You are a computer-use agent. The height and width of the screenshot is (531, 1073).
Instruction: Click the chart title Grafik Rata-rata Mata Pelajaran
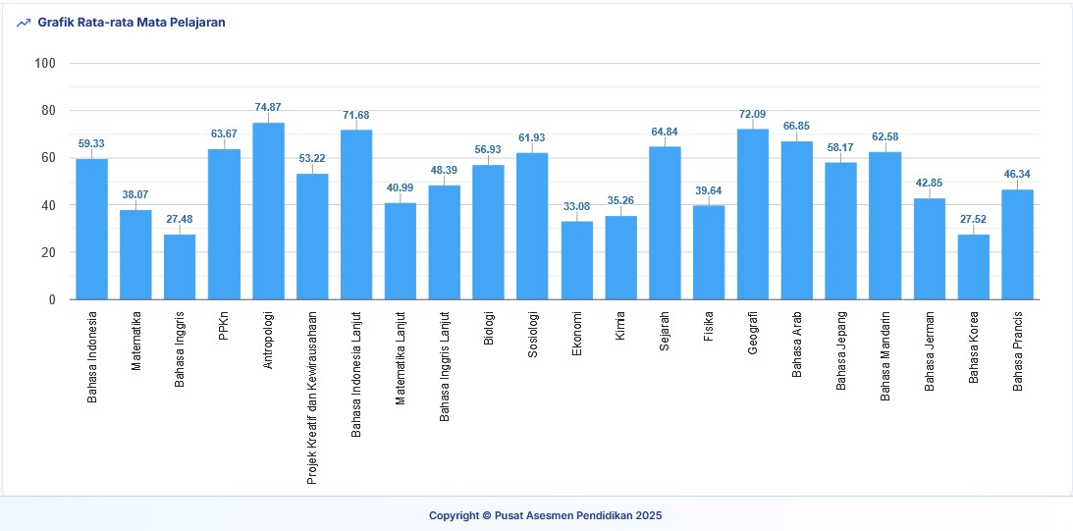click(x=132, y=23)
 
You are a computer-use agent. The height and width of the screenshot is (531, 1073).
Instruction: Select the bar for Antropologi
click(x=268, y=211)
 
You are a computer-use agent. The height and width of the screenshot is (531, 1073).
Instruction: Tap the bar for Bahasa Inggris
click(x=180, y=267)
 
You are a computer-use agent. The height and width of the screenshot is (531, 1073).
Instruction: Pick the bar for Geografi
click(x=753, y=214)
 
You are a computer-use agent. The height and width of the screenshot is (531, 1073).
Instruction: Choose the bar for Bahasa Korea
click(x=974, y=267)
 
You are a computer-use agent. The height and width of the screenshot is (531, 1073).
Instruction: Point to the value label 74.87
click(x=268, y=107)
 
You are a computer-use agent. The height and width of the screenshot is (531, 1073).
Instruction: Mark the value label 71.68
click(x=356, y=115)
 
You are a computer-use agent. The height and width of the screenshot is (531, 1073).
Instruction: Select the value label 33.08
click(x=577, y=206)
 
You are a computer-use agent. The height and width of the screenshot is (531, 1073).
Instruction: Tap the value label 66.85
click(x=797, y=127)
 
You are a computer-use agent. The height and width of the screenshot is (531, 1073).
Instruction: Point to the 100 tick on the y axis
click(x=45, y=64)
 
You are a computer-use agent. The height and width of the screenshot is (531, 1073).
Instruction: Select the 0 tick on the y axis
click(x=52, y=300)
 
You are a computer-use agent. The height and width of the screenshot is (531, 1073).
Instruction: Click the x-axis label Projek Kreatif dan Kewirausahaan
click(x=312, y=398)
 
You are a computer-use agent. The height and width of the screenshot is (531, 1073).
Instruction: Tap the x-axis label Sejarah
click(x=665, y=339)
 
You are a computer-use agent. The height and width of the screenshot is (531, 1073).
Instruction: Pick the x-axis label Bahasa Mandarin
click(x=885, y=356)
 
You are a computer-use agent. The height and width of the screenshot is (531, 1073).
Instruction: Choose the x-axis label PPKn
click(x=224, y=327)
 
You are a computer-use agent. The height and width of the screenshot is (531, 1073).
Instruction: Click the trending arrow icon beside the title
click(x=24, y=23)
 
